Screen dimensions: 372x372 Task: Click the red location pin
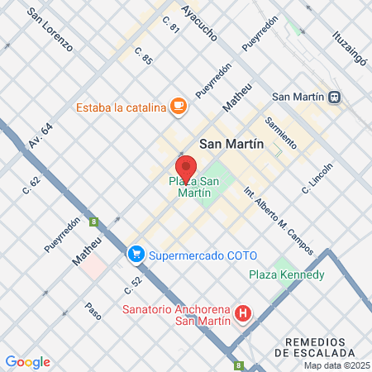[x=187, y=168]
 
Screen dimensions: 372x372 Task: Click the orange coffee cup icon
[x=179, y=106]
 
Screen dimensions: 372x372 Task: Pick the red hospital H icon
[x=243, y=314]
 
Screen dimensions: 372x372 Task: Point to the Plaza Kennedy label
[x=287, y=274]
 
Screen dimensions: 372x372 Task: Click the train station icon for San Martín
[x=334, y=96]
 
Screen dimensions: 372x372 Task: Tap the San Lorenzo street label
[x=50, y=30]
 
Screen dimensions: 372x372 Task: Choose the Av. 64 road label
[x=40, y=136]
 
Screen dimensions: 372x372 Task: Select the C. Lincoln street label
[x=317, y=178]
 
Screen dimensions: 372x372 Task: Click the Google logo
[x=27, y=361]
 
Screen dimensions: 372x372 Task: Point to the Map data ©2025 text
[x=336, y=365]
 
